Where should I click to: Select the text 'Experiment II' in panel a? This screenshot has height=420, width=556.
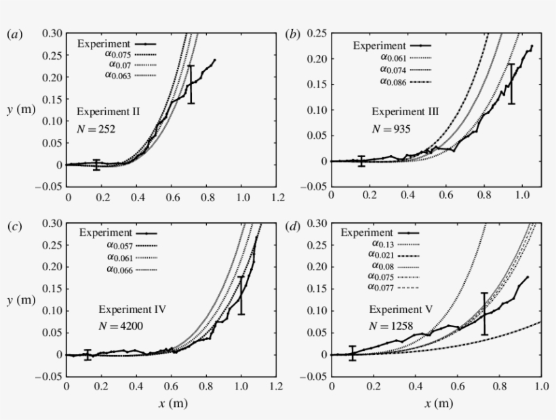pos(108,111)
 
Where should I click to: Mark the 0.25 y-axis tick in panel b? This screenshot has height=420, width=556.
pos(316,33)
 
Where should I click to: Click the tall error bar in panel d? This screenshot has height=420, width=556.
pos(484,313)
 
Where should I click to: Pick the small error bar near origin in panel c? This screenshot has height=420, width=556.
pos(87,355)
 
